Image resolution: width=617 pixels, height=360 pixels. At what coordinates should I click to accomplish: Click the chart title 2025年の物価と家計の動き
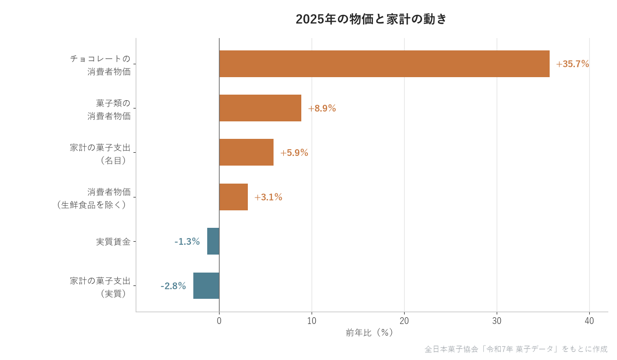371,19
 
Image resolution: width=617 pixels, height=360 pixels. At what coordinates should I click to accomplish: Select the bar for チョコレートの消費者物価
384,64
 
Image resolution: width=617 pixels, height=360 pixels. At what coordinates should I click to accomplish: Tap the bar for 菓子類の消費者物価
260,108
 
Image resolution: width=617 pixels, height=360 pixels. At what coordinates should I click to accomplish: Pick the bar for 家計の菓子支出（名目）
246,152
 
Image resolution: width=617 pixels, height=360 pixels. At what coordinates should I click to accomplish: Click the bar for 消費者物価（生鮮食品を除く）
233,197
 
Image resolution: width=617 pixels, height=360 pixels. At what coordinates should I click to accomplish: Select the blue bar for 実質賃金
213,241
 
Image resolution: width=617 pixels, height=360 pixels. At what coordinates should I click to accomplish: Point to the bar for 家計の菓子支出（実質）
206,285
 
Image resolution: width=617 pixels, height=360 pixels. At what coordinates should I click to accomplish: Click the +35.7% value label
572,64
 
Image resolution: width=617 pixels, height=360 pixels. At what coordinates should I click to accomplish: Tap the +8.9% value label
322,108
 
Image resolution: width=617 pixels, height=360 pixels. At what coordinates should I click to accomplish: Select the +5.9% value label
294,153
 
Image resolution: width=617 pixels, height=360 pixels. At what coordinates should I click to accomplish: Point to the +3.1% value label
268,197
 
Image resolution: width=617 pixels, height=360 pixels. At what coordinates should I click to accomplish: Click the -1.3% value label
187,242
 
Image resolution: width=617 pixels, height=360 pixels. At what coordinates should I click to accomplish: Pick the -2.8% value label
173,286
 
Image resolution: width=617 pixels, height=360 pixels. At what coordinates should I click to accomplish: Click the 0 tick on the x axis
219,321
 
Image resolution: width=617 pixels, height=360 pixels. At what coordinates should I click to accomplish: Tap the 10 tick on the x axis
312,321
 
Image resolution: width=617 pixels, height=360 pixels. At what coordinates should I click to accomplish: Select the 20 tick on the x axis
404,321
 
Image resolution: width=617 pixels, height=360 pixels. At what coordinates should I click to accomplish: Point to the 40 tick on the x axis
589,321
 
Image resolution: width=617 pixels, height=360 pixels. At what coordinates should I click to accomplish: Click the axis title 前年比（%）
369,333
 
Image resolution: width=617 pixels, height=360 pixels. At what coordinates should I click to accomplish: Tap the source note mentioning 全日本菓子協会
516,349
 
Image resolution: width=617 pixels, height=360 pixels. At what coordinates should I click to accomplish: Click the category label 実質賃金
113,242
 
